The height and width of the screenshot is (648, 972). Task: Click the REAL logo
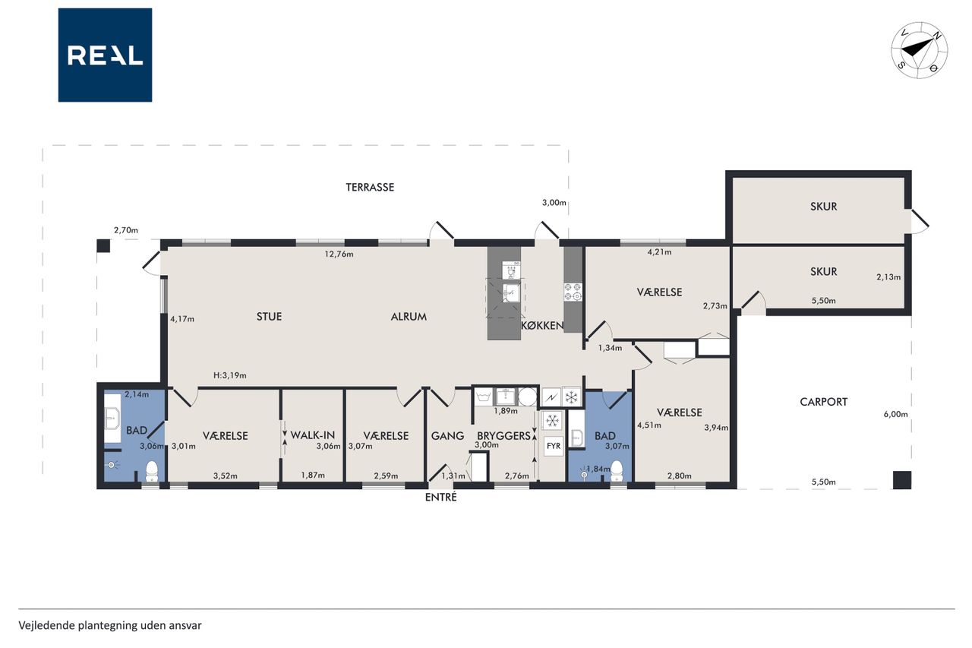[105, 55]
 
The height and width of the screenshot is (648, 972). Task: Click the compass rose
[919, 50]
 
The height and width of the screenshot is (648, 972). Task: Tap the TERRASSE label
[370, 188]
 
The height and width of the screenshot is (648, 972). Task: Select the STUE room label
[269, 317]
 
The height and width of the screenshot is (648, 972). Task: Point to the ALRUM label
[409, 317]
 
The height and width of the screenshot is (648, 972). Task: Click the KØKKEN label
[542, 325]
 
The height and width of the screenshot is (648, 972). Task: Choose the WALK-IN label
[312, 435]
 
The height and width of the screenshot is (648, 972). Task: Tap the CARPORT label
[824, 402]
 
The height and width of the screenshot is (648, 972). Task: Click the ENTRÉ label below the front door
[441, 498]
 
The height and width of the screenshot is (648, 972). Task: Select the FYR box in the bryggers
[554, 446]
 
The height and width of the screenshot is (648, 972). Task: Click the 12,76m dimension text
[339, 254]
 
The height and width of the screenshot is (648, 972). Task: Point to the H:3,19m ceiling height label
[229, 375]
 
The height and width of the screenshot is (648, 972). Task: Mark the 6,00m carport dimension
[895, 415]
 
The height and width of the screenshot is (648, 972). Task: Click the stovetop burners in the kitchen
[573, 292]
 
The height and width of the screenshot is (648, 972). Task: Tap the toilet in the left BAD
[151, 472]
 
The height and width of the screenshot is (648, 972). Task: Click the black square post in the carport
[901, 480]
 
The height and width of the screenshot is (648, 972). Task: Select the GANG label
[447, 435]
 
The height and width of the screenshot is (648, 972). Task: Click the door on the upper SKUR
[920, 222]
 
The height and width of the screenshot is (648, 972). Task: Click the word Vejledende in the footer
[46, 625]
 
